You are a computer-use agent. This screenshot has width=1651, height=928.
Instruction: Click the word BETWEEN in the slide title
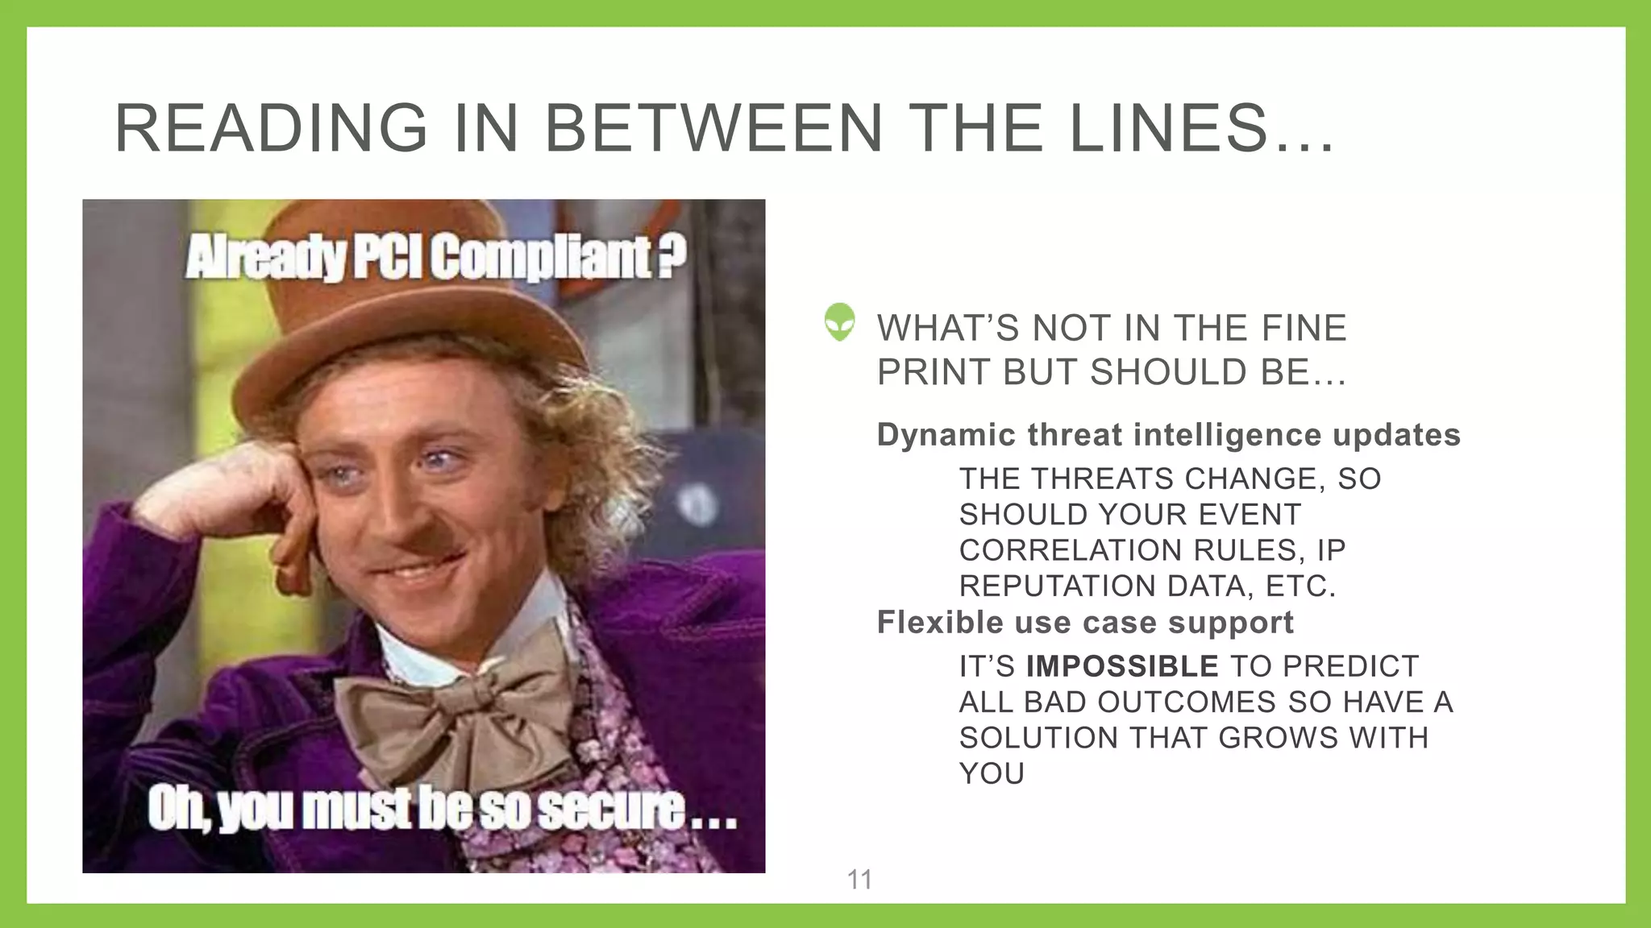click(714, 129)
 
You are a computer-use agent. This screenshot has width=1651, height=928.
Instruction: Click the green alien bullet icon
click(839, 322)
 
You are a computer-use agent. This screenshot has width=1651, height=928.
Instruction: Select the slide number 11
click(859, 880)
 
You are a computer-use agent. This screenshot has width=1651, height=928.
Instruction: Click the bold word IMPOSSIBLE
click(1121, 667)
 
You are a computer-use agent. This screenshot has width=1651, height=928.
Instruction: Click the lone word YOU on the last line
click(992, 774)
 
